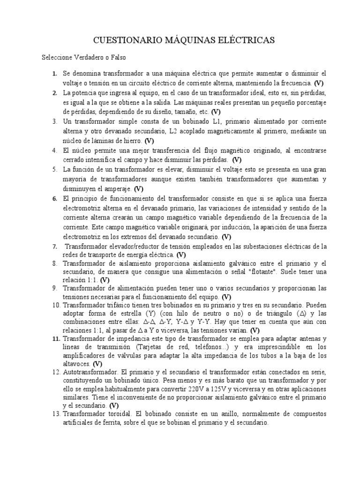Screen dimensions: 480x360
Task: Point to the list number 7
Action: coord(54,247)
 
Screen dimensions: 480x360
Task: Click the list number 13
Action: coord(56,414)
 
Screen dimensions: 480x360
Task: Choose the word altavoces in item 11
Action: coord(77,363)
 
